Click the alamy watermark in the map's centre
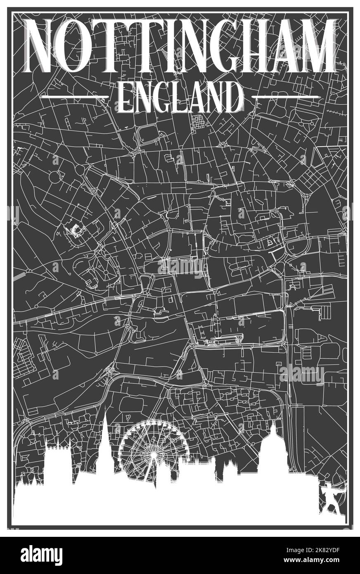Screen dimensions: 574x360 coord(180,266)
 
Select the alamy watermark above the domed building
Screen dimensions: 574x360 coord(302,375)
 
